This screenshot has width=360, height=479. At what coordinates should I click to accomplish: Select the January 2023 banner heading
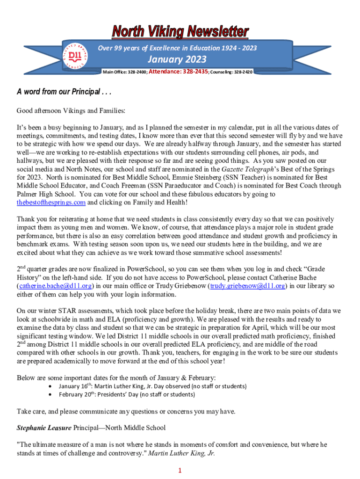(177, 60)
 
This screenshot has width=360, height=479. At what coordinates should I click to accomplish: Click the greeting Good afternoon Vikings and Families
(72, 111)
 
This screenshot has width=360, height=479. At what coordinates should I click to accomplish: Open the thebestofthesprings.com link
(51, 203)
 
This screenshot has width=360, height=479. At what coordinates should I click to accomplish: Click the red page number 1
(180, 470)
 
